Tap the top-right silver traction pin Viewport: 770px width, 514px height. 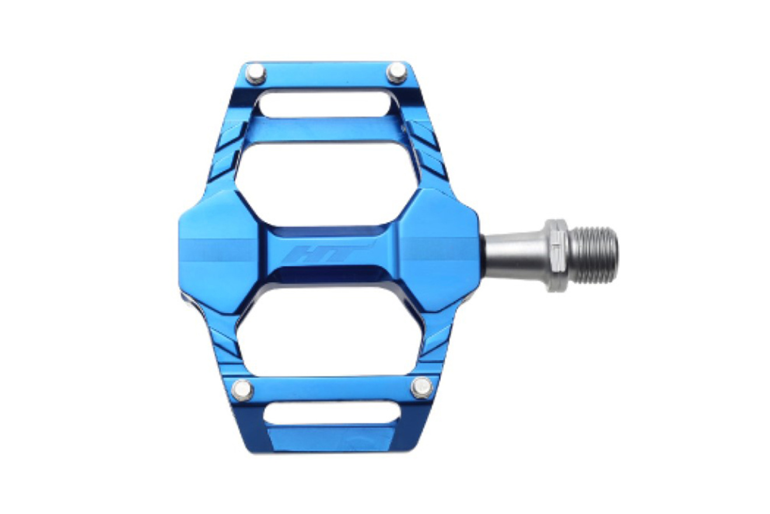(397, 72)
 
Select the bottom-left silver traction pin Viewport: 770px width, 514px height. (243, 389)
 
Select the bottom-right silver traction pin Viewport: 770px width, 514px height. (422, 387)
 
